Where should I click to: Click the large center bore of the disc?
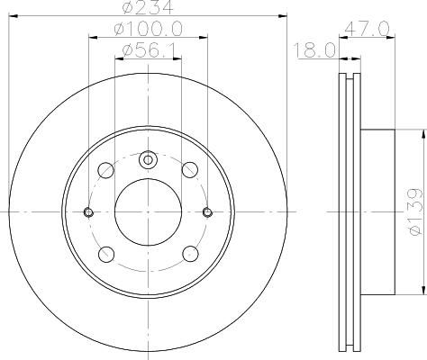click(148, 212)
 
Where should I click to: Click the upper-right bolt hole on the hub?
click(190, 170)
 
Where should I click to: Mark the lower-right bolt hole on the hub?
click(190, 254)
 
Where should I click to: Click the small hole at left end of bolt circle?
click(88, 212)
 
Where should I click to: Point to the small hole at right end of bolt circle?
click(208, 212)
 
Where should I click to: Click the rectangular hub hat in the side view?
click(377, 212)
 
